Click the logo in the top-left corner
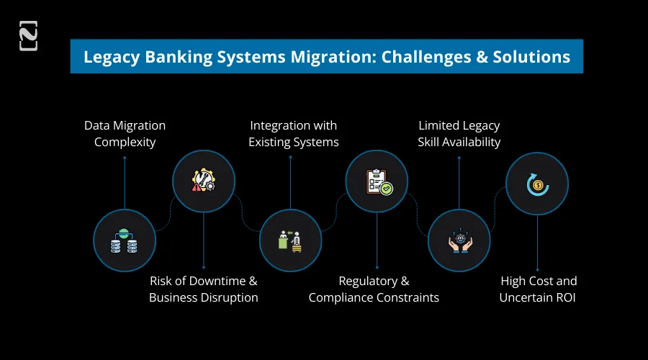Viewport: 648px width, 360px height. pyautogui.click(x=28, y=36)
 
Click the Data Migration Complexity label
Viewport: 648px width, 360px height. pyautogui.click(x=125, y=133)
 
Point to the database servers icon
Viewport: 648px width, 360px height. pyautogui.click(x=125, y=240)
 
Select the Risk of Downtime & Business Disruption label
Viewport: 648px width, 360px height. pyautogui.click(x=203, y=289)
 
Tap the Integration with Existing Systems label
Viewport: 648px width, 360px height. pyautogui.click(x=293, y=133)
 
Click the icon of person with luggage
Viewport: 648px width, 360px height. pyautogui.click(x=290, y=240)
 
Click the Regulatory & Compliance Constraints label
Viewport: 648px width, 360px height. pyautogui.click(x=374, y=289)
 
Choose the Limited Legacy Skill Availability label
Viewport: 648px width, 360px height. pyautogui.click(x=459, y=133)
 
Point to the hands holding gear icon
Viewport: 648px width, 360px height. pyautogui.click(x=459, y=240)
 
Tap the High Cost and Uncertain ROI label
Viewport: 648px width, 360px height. pyautogui.click(x=538, y=289)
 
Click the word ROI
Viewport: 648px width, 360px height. pyautogui.click(x=563, y=297)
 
